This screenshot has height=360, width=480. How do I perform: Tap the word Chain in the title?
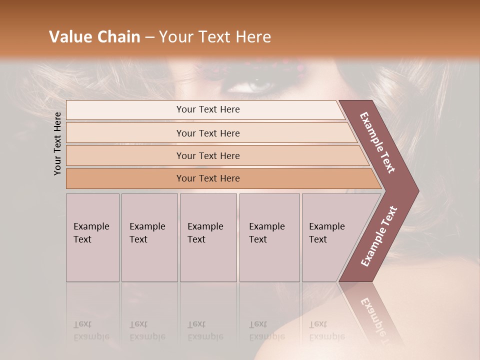pyautogui.click(x=119, y=37)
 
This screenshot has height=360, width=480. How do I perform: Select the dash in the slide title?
pyautogui.click(x=149, y=37)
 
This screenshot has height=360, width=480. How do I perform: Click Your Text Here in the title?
pyautogui.click(x=215, y=37)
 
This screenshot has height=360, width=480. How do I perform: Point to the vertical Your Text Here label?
pyautogui.click(x=57, y=143)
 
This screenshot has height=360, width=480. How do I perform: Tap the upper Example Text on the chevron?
pyautogui.click(x=378, y=143)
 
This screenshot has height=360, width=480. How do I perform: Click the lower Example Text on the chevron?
pyautogui.click(x=379, y=236)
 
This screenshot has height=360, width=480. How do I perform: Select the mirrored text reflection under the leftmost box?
pyautogui.click(x=91, y=330)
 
